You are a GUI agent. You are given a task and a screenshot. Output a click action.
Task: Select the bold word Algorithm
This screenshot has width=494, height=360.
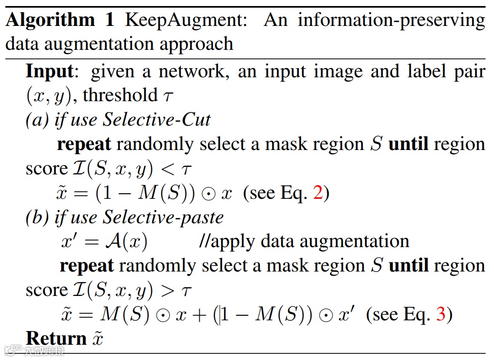[x=50, y=20]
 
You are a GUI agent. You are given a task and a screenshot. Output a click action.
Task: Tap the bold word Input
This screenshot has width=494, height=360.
[x=50, y=71]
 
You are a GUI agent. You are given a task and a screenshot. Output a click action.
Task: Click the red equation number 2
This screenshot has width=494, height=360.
[x=318, y=193]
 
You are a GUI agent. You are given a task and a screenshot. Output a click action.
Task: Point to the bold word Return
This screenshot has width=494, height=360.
[x=56, y=338]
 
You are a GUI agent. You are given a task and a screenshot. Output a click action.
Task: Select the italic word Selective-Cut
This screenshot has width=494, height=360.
[x=157, y=119]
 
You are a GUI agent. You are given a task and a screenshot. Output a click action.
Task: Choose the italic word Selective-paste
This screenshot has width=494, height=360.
[x=163, y=217]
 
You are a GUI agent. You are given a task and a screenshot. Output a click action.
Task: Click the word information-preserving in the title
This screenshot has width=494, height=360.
[x=391, y=20]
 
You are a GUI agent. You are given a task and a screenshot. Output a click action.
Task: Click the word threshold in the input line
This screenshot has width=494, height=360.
[x=120, y=95]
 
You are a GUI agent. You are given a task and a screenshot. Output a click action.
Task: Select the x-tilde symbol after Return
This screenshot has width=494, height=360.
[x=97, y=339]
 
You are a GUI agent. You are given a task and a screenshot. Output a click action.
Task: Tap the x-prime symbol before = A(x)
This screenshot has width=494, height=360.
[x=69, y=241]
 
